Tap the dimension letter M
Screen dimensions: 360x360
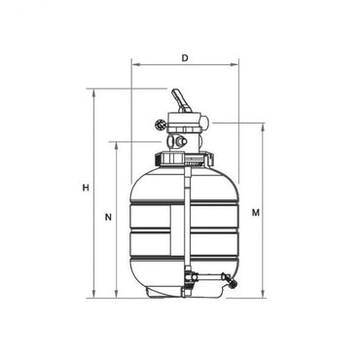click(254, 211)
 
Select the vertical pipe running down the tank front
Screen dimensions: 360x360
click(185, 224)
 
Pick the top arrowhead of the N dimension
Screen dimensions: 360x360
click(117, 142)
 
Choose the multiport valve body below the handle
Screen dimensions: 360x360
click(185, 127)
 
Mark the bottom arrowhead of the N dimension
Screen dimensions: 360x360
click(117, 298)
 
